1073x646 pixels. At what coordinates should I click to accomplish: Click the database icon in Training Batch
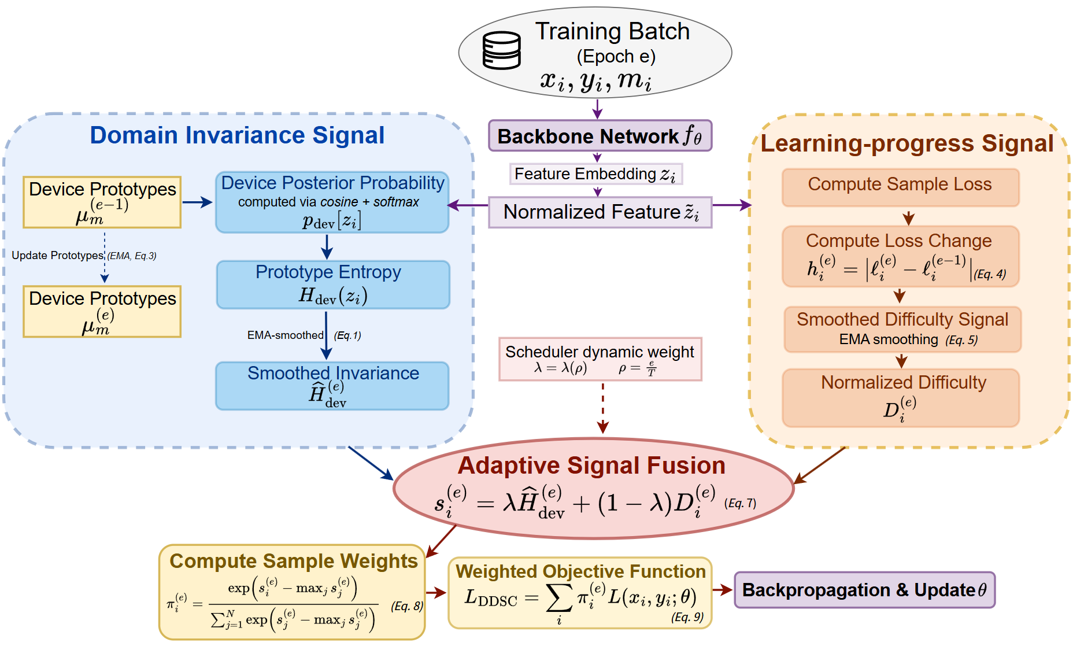coord(501,51)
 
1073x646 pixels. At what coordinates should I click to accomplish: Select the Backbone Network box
coord(600,136)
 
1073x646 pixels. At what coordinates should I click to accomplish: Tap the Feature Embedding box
coord(595,174)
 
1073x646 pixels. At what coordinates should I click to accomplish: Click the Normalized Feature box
coord(600,212)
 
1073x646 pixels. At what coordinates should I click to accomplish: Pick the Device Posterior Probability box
coord(332,202)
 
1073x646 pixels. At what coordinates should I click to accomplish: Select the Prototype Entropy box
coord(332,284)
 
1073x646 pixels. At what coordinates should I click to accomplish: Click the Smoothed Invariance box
coord(332,385)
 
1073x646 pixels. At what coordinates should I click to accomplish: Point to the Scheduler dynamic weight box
coord(600,359)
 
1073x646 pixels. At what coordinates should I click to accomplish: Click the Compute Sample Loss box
coord(900,187)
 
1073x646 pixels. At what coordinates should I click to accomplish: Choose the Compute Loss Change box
coord(900,256)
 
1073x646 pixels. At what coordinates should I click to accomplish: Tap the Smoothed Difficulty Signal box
coord(902,329)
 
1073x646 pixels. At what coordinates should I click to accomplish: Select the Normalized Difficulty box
coord(901,398)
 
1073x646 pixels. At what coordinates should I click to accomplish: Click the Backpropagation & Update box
coord(864,590)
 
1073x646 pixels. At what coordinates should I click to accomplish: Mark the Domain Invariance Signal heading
coord(237,135)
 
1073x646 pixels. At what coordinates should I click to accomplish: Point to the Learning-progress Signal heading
coord(906,143)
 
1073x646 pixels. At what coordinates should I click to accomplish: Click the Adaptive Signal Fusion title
coord(591,466)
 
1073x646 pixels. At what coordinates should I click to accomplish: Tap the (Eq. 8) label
coord(407,606)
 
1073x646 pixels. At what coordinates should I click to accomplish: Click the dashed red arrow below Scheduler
coord(603,408)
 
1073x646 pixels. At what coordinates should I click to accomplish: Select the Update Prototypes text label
coord(57,256)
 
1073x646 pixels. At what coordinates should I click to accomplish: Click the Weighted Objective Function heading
coord(580,571)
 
